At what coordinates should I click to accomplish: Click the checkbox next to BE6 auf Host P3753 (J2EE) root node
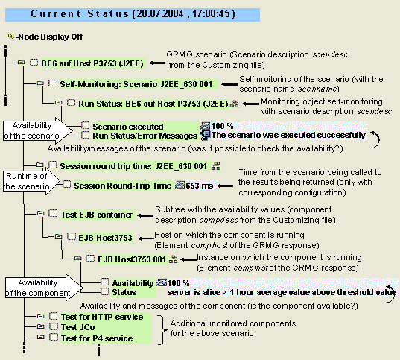34,63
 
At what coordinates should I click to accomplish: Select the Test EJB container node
97,215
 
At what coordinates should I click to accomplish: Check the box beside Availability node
106,283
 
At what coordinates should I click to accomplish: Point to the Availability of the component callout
37,287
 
